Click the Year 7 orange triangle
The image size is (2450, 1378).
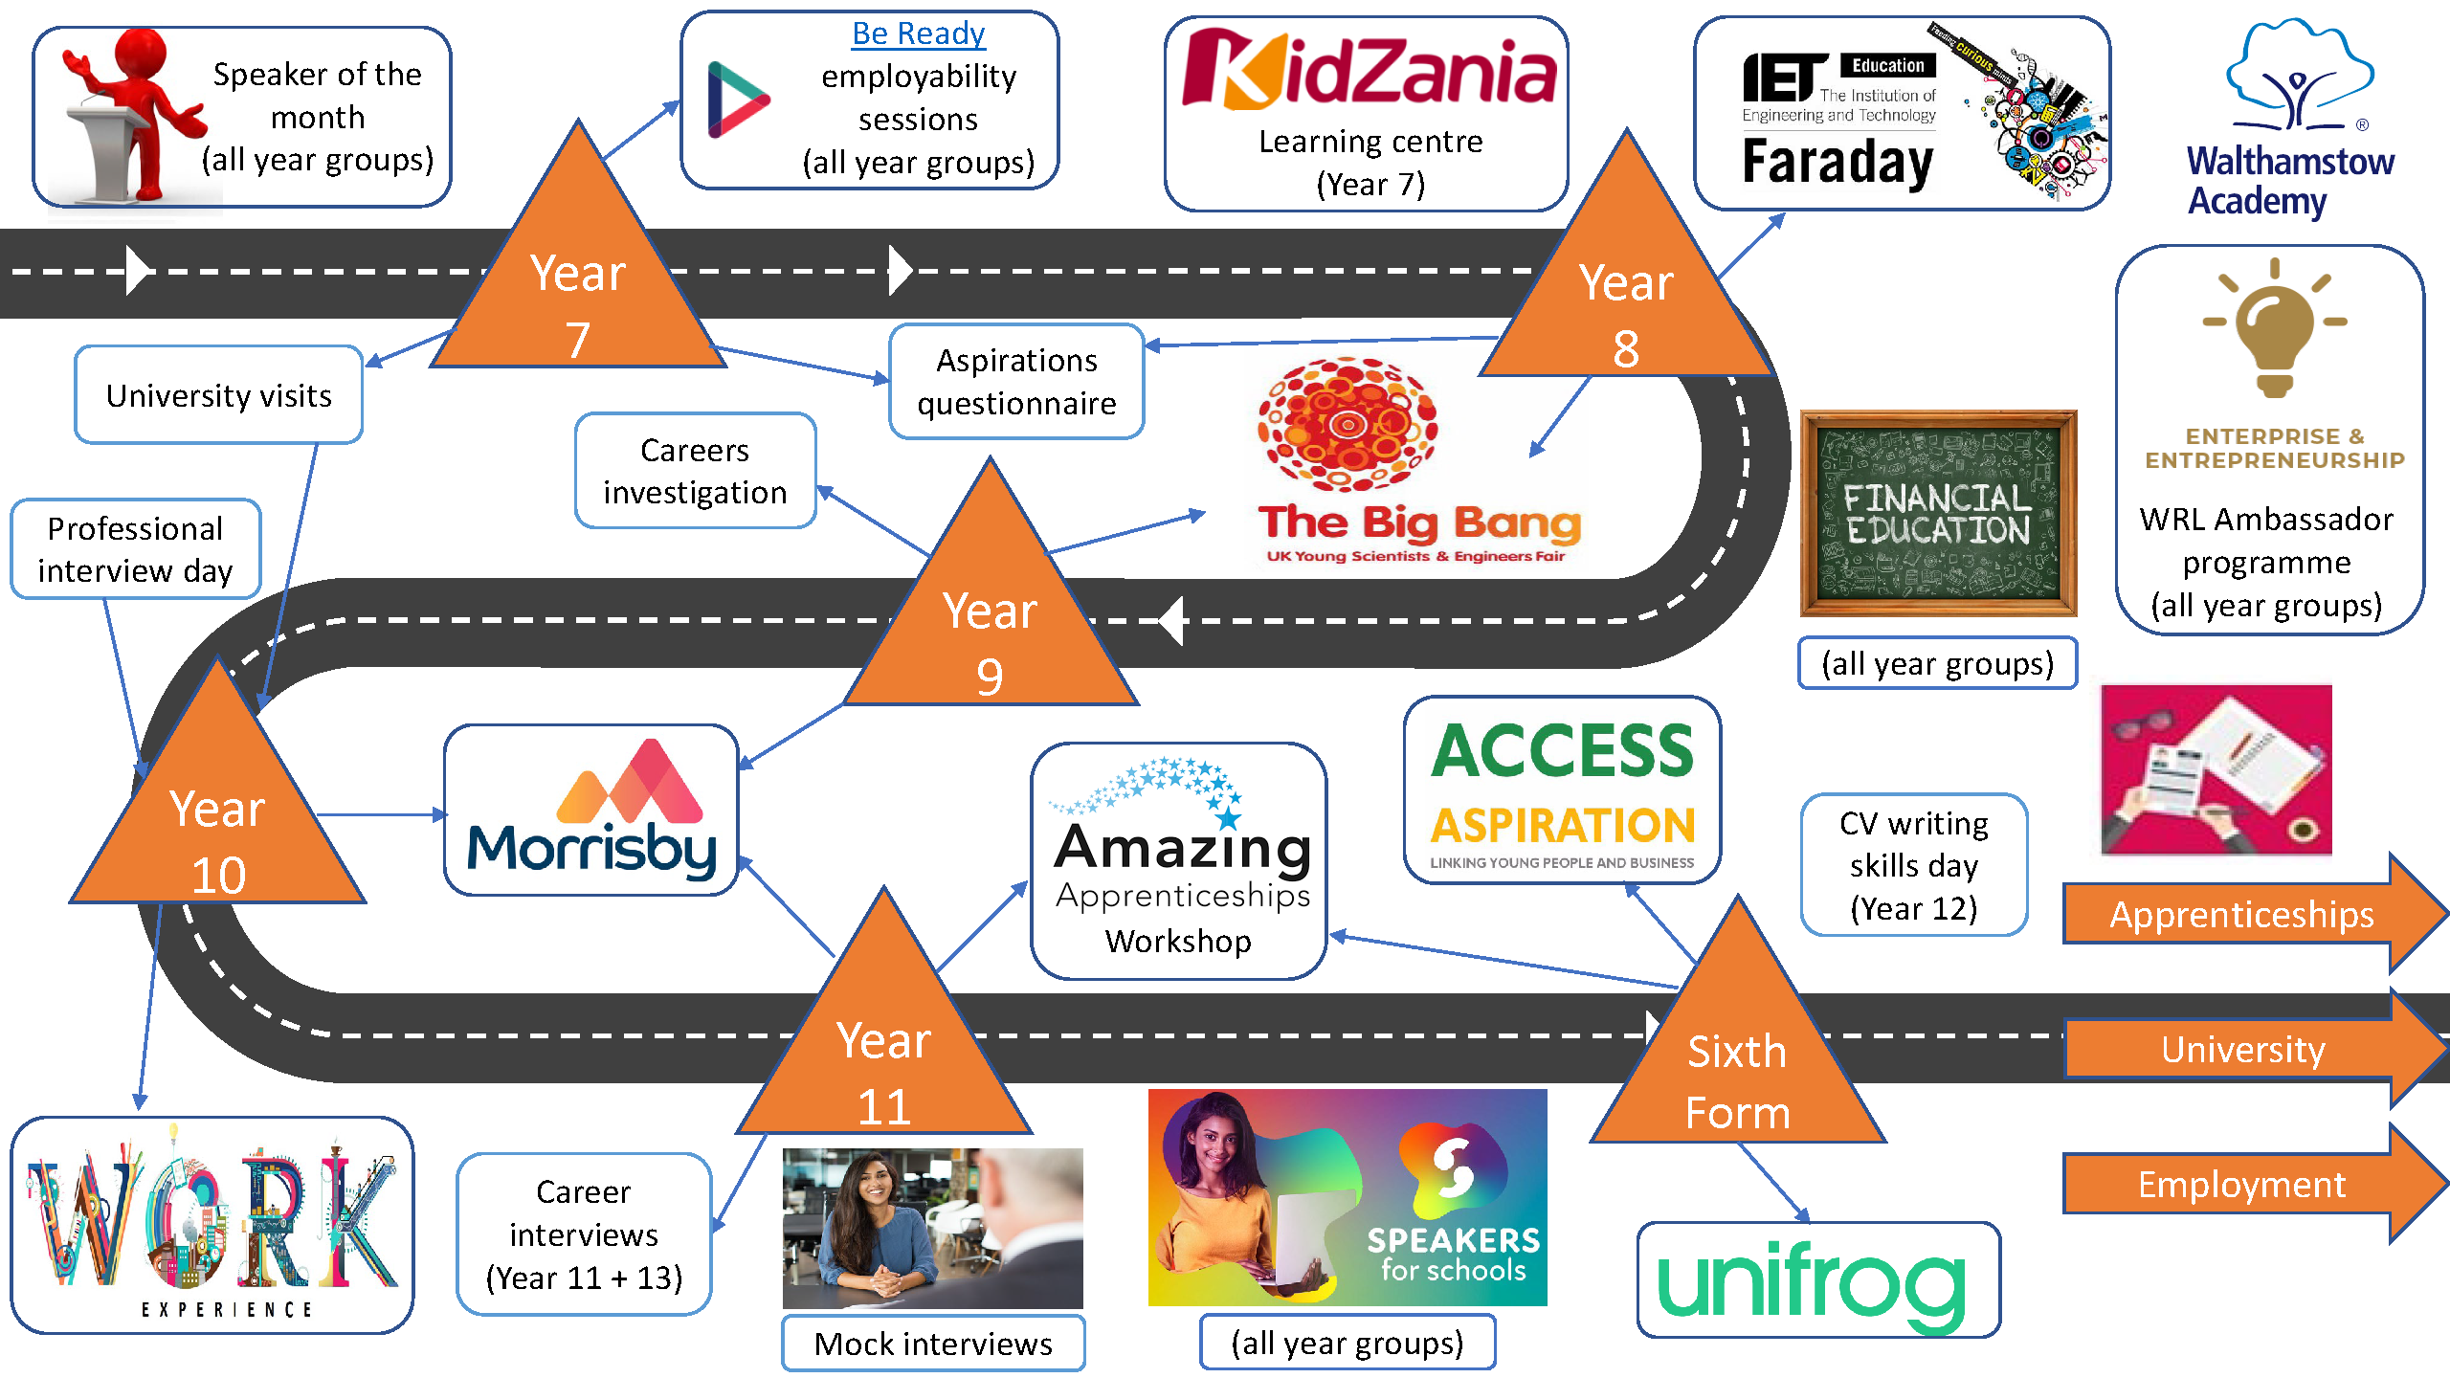[x=578, y=287]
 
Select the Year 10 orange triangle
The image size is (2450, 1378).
[x=218, y=823]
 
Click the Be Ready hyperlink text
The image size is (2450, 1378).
[x=918, y=34]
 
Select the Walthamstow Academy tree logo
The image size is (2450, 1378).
[x=2297, y=77]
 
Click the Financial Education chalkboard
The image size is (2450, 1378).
[x=1938, y=514]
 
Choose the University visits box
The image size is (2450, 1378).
[x=218, y=395]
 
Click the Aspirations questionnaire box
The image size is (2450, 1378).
[x=1016, y=382]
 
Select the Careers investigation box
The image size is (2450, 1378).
[x=695, y=471]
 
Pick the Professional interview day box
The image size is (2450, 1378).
[x=135, y=549]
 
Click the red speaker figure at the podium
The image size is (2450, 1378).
[x=134, y=105]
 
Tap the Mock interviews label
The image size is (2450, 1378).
[x=933, y=1344]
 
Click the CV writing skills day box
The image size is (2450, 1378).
[x=1913, y=865]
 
